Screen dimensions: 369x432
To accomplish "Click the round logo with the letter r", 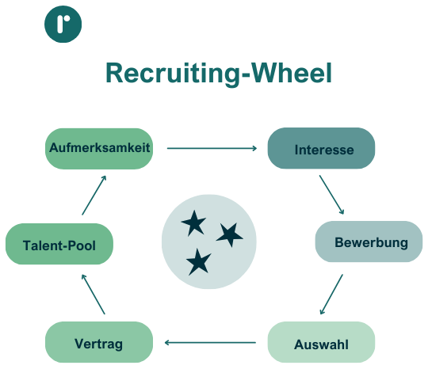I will tap(63, 24).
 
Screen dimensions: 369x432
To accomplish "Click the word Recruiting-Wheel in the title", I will tap(218, 73).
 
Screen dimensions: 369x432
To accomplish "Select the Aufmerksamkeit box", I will tap(99, 148).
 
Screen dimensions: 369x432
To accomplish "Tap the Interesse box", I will tap(321, 149).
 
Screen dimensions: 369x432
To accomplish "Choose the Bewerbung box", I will tap(369, 242).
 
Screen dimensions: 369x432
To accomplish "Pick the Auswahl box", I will tap(321, 344).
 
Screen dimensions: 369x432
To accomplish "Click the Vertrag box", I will tap(99, 344).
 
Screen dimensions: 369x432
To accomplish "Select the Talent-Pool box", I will tap(59, 245).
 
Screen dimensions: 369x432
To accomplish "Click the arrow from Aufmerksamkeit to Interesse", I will tap(212, 148).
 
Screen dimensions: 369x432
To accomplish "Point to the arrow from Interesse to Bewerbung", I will tap(331, 195).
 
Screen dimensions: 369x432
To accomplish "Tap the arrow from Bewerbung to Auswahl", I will tap(331, 295).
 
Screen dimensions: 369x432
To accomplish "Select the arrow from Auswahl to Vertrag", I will tap(210, 343).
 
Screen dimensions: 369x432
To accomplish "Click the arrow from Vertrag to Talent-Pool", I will tap(94, 293).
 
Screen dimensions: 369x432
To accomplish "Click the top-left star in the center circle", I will tap(193, 223).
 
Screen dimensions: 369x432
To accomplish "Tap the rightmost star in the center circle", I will tap(230, 234).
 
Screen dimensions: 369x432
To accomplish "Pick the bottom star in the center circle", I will tap(198, 261).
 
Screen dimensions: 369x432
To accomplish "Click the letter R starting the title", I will tap(115, 73).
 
